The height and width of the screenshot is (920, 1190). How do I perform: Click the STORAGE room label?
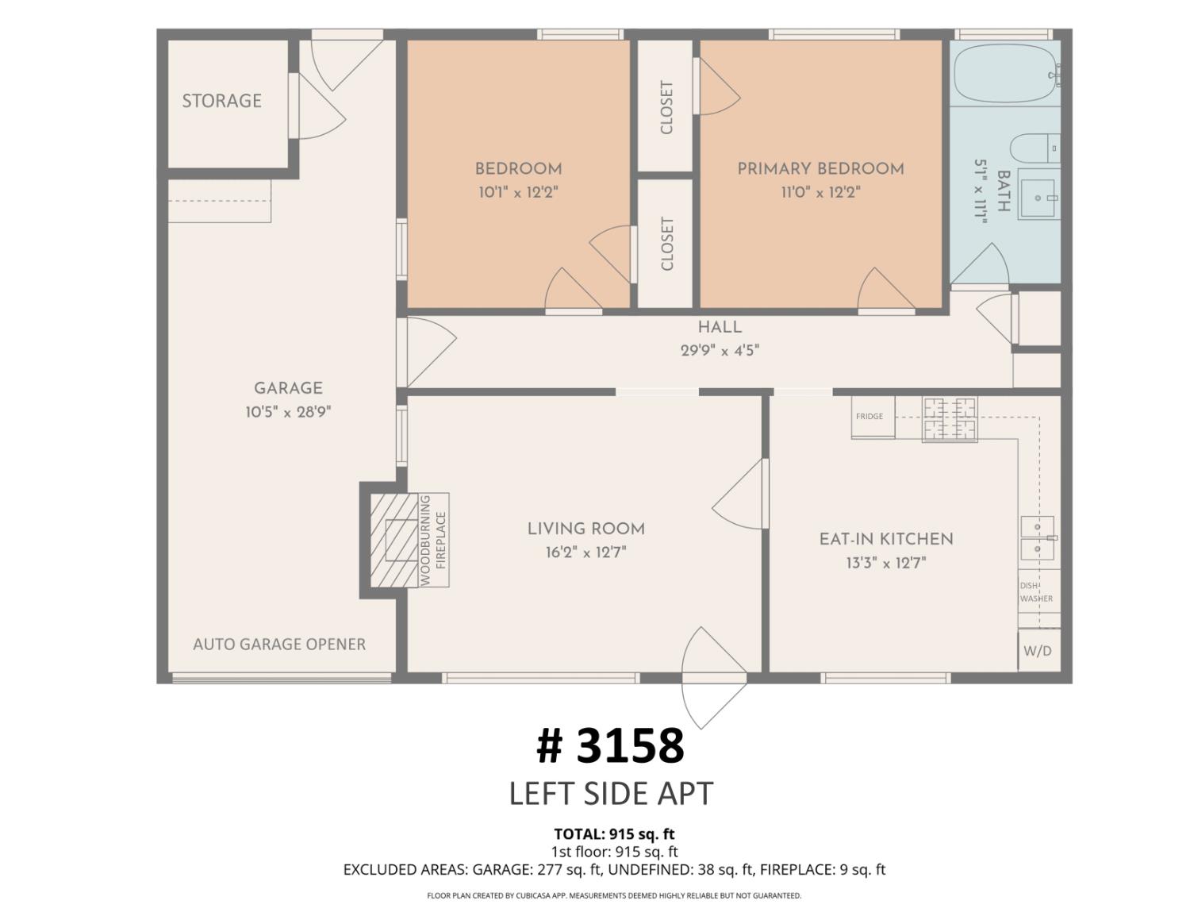222,101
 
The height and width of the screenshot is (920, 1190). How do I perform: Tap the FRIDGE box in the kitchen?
873,417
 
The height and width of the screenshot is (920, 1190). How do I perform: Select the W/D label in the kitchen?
1038,651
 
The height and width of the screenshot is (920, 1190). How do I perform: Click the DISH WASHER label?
1036,592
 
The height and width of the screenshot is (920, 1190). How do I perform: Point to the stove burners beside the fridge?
950,420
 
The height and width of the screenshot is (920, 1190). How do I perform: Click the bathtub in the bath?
1005,73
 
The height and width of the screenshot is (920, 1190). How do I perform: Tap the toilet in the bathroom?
1035,148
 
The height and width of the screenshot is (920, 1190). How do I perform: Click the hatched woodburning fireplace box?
394,541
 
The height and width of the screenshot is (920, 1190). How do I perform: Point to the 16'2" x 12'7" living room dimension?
585,552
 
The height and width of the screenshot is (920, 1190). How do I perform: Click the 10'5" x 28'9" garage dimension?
288,412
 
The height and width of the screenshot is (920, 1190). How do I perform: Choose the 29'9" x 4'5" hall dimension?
720,351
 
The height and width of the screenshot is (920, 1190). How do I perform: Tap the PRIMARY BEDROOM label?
820,169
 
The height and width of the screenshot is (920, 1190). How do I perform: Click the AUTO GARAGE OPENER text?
279,645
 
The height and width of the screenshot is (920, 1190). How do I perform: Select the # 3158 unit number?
611,745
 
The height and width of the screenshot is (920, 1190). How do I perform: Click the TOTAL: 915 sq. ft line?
614,834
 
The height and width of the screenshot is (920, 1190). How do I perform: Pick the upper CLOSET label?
666,107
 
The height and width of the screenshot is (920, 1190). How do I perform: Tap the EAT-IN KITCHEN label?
886,539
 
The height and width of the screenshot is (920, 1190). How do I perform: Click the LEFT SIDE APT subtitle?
611,793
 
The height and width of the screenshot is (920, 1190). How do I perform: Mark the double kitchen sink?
1038,538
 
